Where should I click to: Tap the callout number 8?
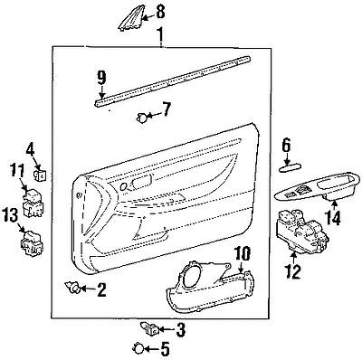pyautogui.click(x=161, y=12)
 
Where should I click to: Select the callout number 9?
pyautogui.click(x=102, y=76)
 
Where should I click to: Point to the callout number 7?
pyautogui.click(x=165, y=111)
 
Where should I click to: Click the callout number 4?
pyautogui.click(x=30, y=147)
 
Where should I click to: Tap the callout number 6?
pyautogui.click(x=286, y=143)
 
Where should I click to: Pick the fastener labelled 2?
pyautogui.click(x=71, y=289)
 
